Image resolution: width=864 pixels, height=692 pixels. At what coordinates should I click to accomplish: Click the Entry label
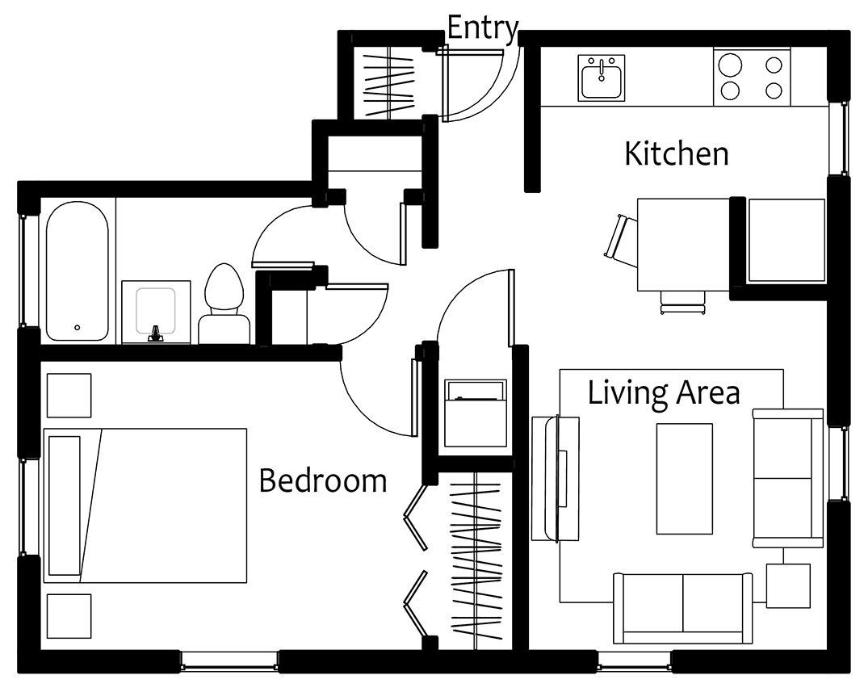(483, 28)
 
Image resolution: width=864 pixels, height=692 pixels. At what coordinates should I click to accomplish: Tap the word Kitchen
(676, 153)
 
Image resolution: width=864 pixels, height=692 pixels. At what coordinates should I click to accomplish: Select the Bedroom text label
(323, 480)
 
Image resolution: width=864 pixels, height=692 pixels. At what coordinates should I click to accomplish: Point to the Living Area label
(664, 393)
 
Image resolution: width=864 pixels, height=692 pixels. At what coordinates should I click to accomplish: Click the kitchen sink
(601, 78)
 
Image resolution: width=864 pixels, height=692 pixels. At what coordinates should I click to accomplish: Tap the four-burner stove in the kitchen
(752, 77)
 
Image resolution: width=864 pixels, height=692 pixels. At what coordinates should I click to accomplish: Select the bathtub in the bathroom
(78, 271)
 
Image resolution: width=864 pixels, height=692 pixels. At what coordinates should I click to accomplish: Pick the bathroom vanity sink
(156, 312)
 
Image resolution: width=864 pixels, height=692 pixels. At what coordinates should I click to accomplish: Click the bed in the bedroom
(145, 505)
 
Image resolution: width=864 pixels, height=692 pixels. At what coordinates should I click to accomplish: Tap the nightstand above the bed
(69, 395)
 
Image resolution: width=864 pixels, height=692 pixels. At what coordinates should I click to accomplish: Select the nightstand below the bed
(69, 615)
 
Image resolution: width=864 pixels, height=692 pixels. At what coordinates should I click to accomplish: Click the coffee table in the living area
(685, 479)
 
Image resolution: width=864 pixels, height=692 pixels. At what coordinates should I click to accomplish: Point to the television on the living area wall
(555, 479)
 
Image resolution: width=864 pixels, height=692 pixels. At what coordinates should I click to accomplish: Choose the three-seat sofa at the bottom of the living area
(682, 608)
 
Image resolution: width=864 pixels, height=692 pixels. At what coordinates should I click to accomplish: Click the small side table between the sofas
(788, 585)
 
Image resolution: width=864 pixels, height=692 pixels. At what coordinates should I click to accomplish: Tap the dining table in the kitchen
(684, 245)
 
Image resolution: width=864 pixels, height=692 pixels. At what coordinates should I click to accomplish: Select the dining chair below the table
(683, 303)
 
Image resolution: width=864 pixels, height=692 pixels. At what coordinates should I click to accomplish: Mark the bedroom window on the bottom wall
(230, 661)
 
